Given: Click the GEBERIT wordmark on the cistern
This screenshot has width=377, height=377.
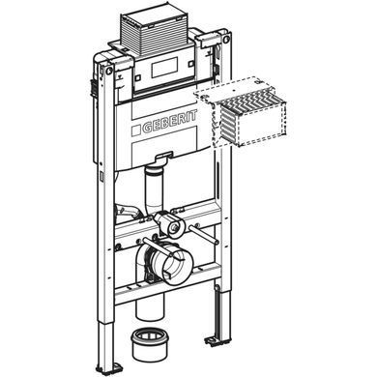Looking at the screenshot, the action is [168, 123].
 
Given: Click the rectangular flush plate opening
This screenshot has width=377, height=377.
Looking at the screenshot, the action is [163, 68].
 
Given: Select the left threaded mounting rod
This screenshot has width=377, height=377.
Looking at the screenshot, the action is [160, 247].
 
